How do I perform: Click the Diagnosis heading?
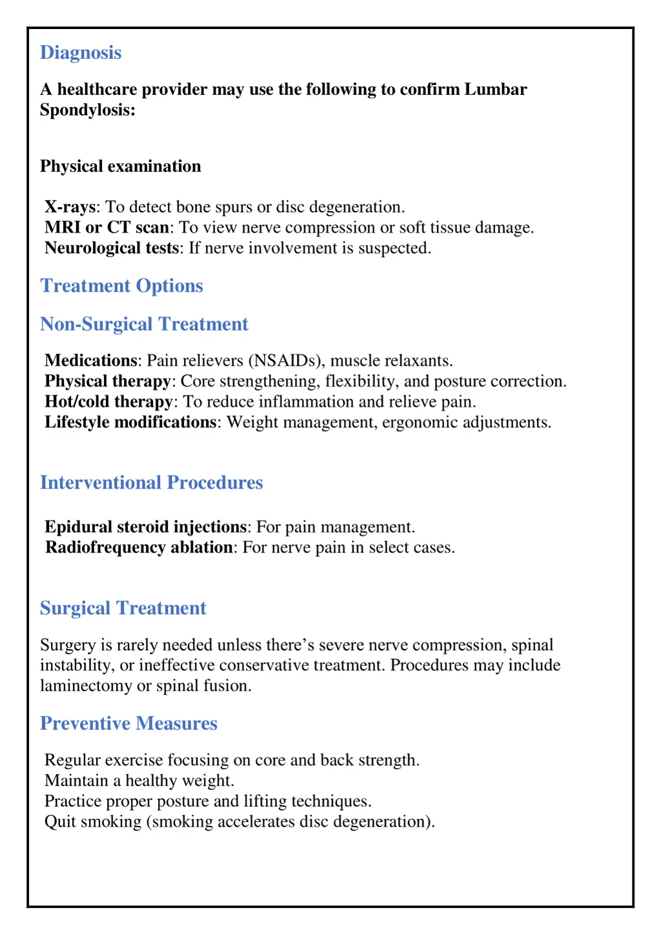tap(81, 53)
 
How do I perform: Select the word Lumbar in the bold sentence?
tap(495, 89)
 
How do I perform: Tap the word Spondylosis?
tap(87, 110)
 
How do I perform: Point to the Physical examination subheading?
tap(121, 166)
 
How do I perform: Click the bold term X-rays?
tap(70, 207)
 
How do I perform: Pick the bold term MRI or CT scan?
tap(107, 228)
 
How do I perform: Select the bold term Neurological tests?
tap(112, 248)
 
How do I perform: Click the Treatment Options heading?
tap(121, 286)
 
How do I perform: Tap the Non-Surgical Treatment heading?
tap(144, 324)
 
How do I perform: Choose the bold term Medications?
tap(91, 361)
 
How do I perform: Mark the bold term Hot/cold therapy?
tap(108, 402)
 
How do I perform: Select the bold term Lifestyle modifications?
tap(130, 423)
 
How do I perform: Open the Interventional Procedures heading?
tap(152, 483)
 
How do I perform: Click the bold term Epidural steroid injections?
tap(146, 527)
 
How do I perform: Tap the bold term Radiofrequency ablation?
tap(139, 548)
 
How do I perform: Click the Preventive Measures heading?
tap(128, 723)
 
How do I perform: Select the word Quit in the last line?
tap(60, 822)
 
